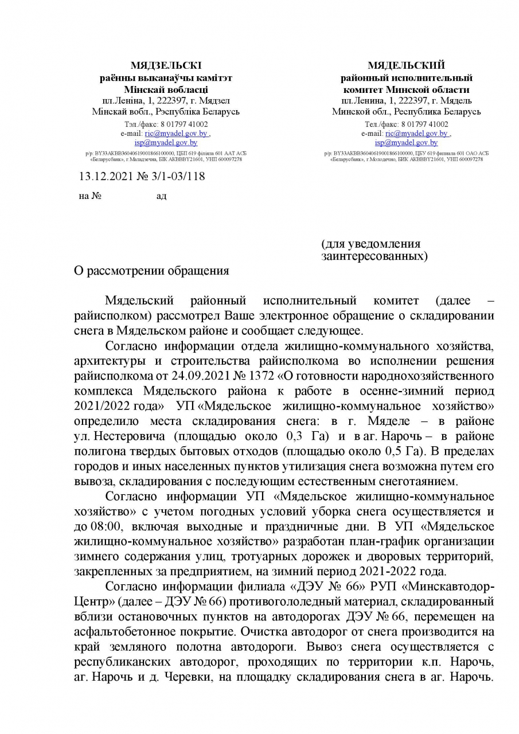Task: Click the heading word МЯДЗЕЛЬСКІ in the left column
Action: [166, 65]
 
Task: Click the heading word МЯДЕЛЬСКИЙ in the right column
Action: [406, 65]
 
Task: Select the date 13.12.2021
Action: [104, 176]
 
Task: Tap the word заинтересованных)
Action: [374, 256]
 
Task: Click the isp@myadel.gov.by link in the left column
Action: [166, 142]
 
